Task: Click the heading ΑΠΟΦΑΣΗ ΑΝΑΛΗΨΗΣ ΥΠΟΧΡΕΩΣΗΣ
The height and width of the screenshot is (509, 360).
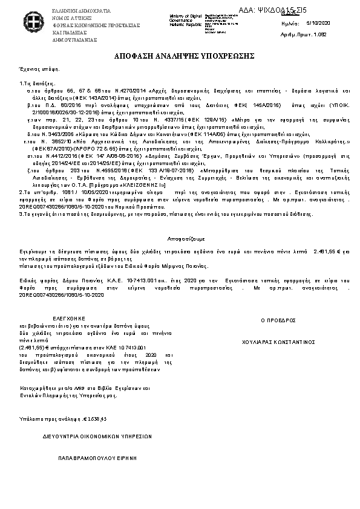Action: pyautogui.click(x=180, y=56)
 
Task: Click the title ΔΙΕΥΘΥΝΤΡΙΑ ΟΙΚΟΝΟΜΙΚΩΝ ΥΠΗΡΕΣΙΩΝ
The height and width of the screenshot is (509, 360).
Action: pyautogui.click(x=97, y=435)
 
